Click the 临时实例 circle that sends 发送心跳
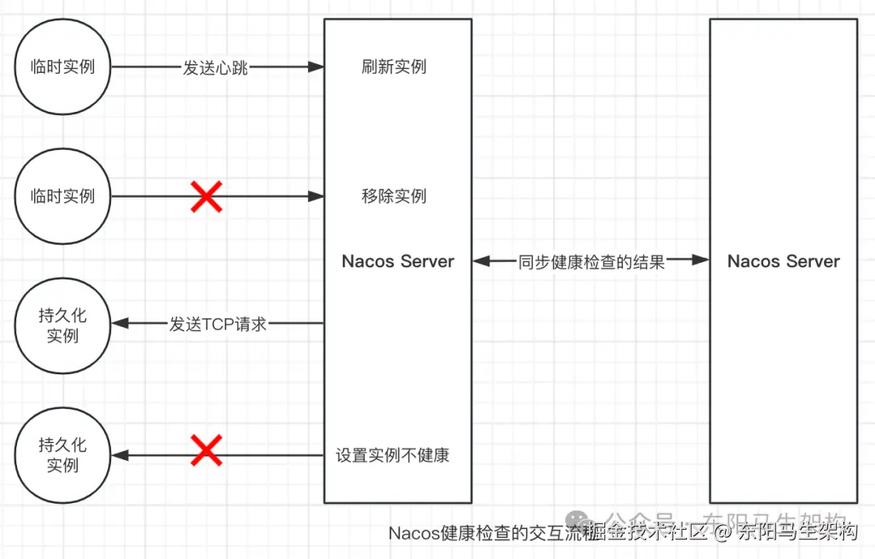[62, 67]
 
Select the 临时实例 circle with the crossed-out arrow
[62, 196]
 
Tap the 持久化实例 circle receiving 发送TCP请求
[62, 325]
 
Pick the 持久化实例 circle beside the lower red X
[62, 454]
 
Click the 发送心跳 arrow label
[215, 68]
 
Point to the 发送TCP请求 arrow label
[218, 325]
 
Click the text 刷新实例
[394, 66]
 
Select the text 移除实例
[394, 196]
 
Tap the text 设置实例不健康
[393, 455]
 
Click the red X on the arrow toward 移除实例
[207, 197]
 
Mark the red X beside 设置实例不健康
[207, 450]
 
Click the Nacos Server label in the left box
[398, 261]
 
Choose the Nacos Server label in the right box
[783, 261]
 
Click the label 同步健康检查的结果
[591, 262]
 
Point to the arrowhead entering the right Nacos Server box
[701, 260]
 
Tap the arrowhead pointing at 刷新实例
[316, 67]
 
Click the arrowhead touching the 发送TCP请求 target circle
[120, 324]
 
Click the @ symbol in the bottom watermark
[724, 532]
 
